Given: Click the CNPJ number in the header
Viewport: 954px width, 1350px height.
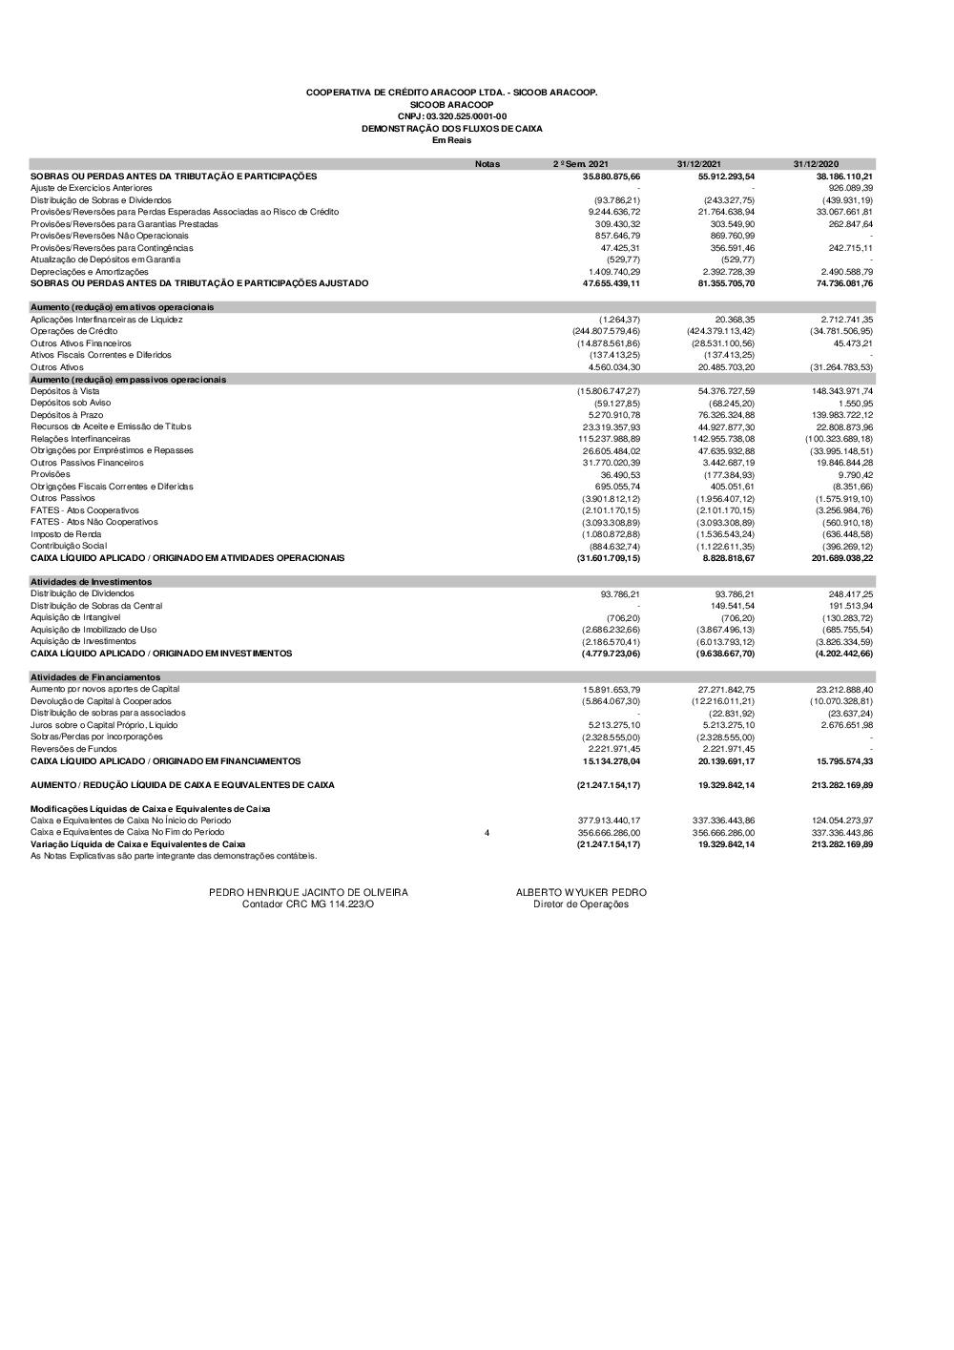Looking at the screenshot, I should [x=451, y=116].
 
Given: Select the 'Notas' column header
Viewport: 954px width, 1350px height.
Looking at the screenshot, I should [x=487, y=164].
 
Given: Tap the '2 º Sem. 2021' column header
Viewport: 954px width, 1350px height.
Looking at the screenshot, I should [x=580, y=164].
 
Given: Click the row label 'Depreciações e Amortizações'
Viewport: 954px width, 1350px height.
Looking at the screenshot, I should [x=90, y=272].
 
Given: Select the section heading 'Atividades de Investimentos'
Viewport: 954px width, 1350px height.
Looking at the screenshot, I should [x=91, y=582].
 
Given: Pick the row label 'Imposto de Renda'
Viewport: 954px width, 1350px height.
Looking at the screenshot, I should [x=66, y=534].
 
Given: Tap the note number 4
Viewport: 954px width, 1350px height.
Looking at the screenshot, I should [x=487, y=833].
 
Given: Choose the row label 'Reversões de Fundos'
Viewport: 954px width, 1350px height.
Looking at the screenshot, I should [x=73, y=749].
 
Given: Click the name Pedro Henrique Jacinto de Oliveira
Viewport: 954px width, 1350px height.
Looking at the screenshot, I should [x=308, y=893].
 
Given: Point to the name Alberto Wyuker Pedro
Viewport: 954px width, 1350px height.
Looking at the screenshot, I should [x=581, y=893].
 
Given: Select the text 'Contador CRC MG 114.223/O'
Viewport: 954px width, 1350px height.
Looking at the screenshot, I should [x=308, y=904].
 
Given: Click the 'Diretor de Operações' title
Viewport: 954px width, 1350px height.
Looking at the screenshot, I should [x=581, y=904].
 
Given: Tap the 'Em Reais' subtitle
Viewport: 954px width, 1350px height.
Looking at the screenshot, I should [x=451, y=140].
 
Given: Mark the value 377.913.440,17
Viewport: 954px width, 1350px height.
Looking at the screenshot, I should [x=609, y=820].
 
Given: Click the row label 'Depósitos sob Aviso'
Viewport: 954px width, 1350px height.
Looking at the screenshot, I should [x=71, y=404].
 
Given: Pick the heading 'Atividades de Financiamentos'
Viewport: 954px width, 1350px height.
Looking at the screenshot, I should [x=95, y=677].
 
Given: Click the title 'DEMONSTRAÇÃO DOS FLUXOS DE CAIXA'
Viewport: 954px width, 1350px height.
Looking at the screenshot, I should [x=451, y=128].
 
